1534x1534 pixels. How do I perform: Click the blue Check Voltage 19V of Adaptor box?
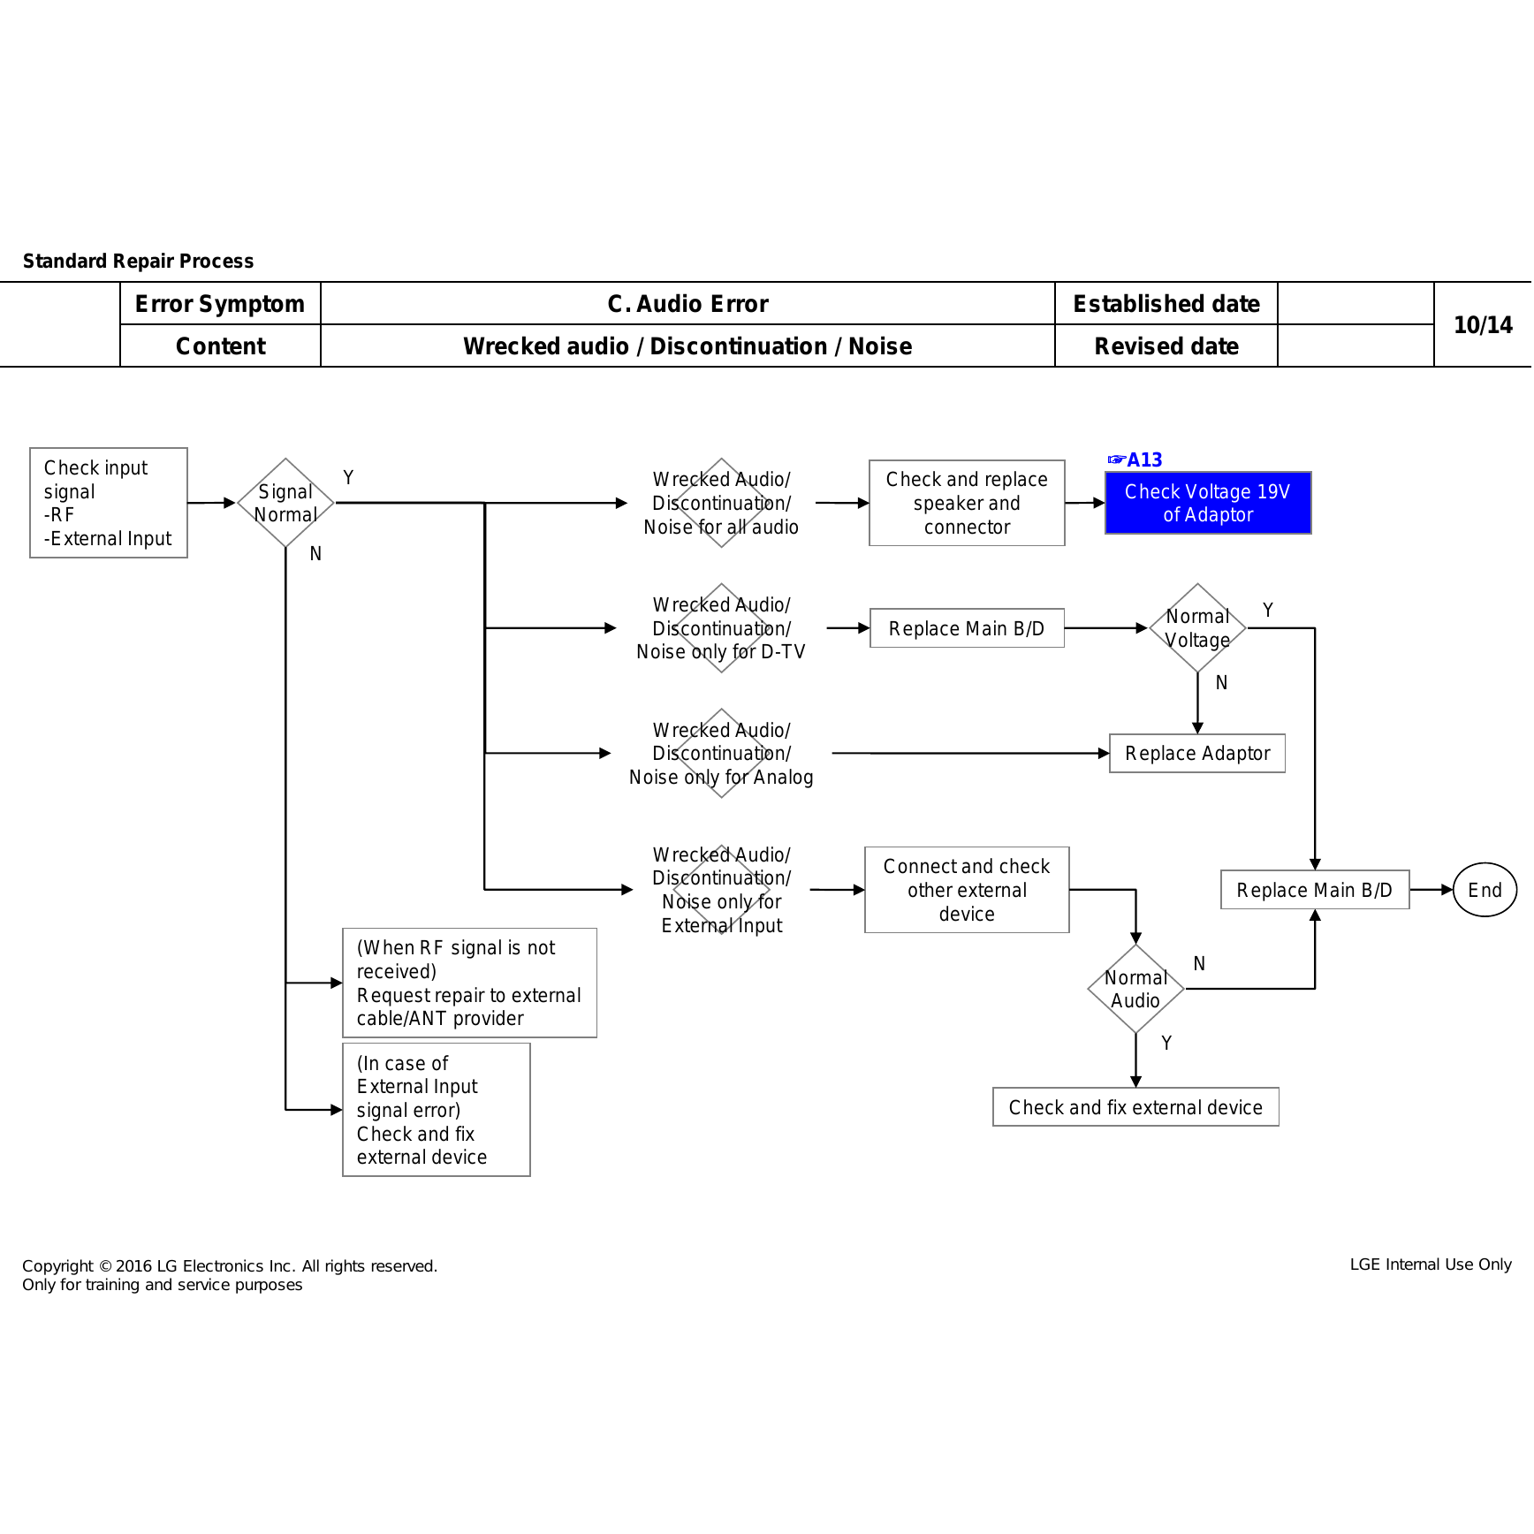pyautogui.click(x=1208, y=503)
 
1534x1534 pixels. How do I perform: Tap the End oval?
pyautogui.click(x=1485, y=890)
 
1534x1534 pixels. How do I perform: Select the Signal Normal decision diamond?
pyautogui.click(x=285, y=503)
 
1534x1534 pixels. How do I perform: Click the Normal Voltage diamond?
pyautogui.click(x=1197, y=628)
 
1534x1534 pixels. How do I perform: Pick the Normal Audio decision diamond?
pyautogui.click(x=1135, y=989)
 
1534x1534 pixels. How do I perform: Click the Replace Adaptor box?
pyautogui.click(x=1197, y=754)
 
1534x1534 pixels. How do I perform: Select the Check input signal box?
pyautogui.click(x=109, y=503)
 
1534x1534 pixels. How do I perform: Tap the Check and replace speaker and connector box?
pyautogui.click(x=967, y=503)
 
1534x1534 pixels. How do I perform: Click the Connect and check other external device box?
pyautogui.click(x=967, y=890)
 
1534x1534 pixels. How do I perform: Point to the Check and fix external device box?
pyautogui.click(x=1135, y=1107)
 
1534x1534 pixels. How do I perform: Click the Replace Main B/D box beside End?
pyautogui.click(x=1315, y=890)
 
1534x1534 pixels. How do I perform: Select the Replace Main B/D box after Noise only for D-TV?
pyautogui.click(x=967, y=628)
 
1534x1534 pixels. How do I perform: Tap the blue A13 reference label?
pyautogui.click(x=1135, y=459)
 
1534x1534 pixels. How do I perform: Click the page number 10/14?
pyautogui.click(x=1483, y=325)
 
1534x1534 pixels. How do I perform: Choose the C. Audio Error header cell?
pyautogui.click(x=687, y=304)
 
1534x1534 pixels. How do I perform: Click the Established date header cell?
pyautogui.click(x=1166, y=304)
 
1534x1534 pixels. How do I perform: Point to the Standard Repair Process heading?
pyautogui.click(x=138, y=261)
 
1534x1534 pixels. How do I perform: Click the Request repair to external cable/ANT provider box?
pyautogui.click(x=469, y=983)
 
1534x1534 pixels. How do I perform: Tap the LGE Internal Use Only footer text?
pyautogui.click(x=1431, y=1264)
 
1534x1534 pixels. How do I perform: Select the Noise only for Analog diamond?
pyautogui.click(x=721, y=754)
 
